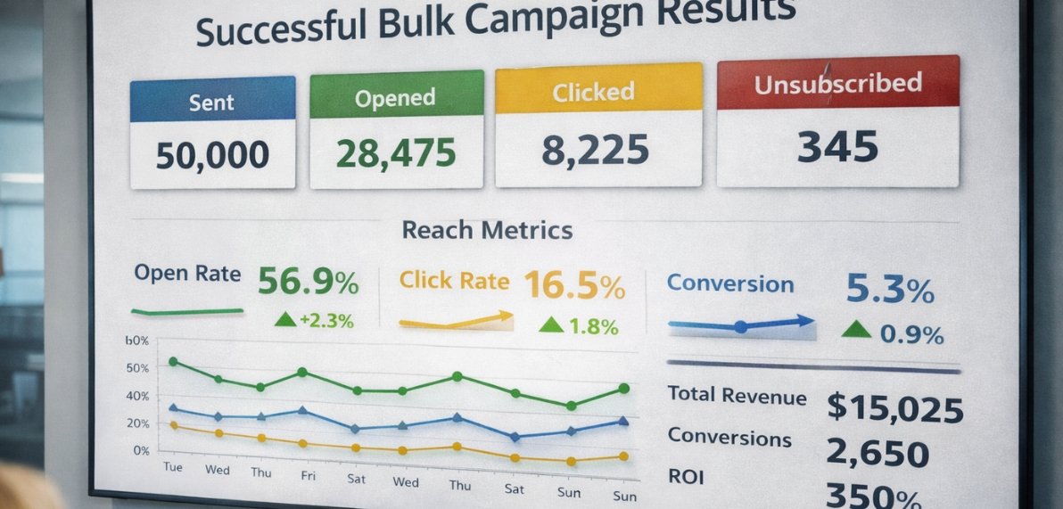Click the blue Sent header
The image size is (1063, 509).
212,102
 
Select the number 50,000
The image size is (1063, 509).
212,155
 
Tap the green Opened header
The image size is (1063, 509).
395,97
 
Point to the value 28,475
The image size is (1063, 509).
395,153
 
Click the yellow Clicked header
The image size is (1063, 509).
593,92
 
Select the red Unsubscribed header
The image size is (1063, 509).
837,84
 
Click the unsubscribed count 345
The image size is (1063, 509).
837,147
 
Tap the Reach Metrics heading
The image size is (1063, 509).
487,230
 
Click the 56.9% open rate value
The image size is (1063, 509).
308,283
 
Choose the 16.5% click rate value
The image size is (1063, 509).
573,286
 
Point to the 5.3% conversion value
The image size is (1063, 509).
889,290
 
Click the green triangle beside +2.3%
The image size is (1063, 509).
284,319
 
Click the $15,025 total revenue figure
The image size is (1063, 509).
894,407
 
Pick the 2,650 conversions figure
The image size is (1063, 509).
878,454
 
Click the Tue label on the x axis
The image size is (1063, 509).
172,466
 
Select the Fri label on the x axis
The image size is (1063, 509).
308,476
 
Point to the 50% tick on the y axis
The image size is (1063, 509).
137,367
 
